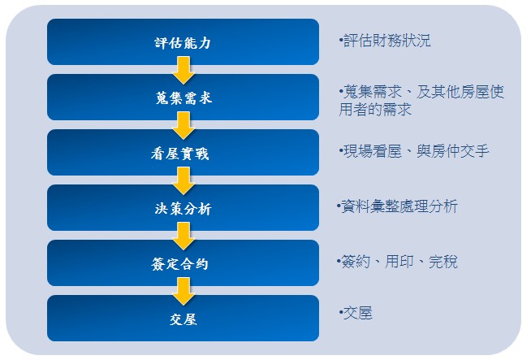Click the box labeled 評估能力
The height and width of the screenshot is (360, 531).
[183, 41]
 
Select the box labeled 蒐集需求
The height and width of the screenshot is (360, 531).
[183, 97]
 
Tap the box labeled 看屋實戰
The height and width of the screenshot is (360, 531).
[183, 152]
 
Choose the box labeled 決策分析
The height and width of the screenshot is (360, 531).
[183, 207]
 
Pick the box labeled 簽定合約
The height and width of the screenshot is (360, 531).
[183, 262]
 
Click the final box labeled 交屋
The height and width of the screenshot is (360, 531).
[183, 318]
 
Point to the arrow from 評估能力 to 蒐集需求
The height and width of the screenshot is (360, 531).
[183, 71]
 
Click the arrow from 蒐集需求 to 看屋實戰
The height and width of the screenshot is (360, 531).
[183, 126]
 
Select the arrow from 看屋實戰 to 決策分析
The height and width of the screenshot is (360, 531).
[183, 181]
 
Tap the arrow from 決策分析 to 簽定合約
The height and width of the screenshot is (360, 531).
[183, 236]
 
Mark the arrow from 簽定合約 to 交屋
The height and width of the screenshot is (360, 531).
[183, 292]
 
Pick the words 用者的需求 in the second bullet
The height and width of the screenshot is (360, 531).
[375, 110]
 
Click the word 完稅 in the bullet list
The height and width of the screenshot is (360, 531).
[443, 262]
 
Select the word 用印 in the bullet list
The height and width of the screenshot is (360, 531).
[399, 262]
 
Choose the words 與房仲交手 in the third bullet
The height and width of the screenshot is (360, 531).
[453, 151]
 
